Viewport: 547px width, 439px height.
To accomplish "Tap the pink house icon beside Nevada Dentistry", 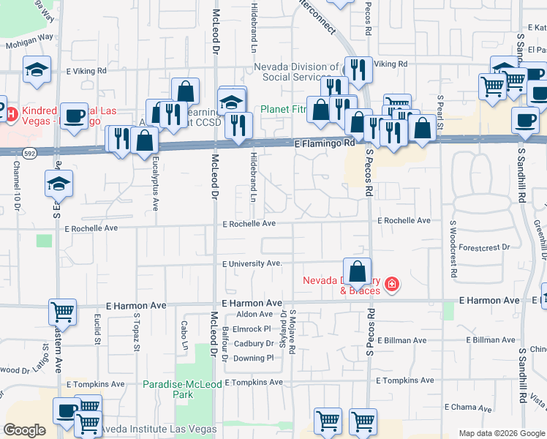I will [x=393, y=284].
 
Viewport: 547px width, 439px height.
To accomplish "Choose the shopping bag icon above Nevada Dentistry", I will [x=356, y=271].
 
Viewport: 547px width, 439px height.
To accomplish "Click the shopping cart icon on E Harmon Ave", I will [x=63, y=311].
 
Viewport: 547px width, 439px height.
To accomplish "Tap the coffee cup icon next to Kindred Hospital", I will [x=74, y=116].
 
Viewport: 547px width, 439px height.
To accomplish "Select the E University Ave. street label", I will [x=252, y=263].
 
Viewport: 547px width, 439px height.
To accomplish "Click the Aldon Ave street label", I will [x=254, y=315].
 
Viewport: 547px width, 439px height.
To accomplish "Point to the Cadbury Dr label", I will [x=253, y=344].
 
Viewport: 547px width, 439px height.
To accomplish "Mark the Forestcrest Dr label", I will [x=485, y=248].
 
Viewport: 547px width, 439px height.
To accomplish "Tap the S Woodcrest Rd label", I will [x=453, y=250].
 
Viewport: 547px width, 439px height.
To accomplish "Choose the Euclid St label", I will [x=97, y=329].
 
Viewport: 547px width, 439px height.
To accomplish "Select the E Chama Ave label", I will [x=468, y=407].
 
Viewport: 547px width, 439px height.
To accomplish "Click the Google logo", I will [x=25, y=430].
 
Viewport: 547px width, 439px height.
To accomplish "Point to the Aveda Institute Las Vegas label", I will [x=159, y=429].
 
